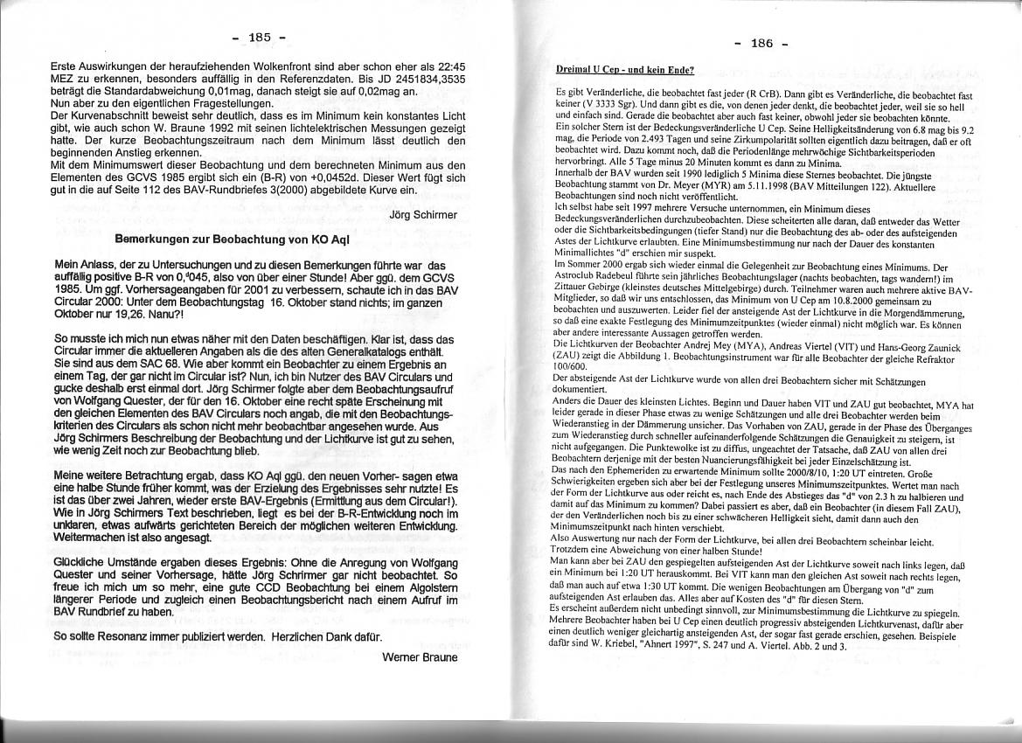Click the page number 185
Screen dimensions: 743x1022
point(260,37)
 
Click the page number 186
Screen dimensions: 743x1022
point(761,43)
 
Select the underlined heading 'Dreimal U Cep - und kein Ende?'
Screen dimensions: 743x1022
point(625,68)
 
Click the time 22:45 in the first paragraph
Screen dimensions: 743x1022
point(440,66)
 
